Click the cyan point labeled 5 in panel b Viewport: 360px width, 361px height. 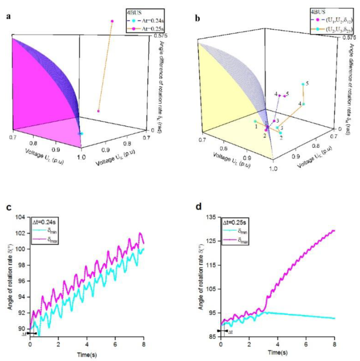point(303,84)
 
